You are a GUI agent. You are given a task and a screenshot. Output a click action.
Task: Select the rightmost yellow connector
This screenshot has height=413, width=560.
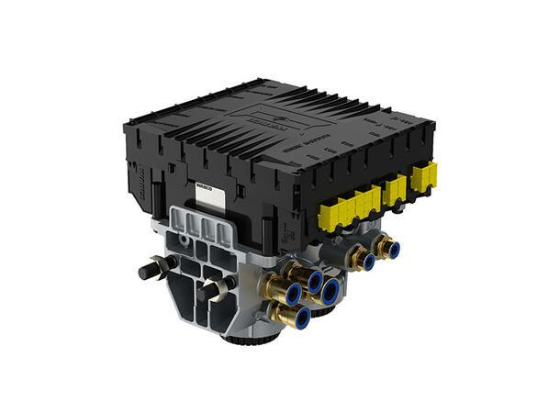coord(425,176)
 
